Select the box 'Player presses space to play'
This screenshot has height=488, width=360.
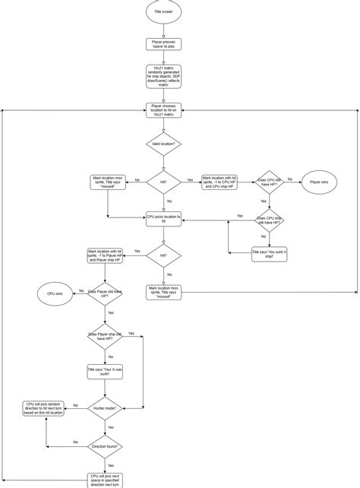tap(163, 45)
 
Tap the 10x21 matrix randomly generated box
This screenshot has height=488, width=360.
tap(163, 77)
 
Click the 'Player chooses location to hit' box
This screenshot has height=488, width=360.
tap(163, 111)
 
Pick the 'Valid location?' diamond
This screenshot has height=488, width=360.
tap(163, 143)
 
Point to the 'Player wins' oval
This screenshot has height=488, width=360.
tap(319, 182)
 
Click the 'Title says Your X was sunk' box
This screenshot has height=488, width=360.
tap(104, 372)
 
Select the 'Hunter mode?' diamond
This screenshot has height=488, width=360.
tap(104, 407)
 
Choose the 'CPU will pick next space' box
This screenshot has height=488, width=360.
tap(104, 479)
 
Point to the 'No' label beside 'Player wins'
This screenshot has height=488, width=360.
tap(290, 179)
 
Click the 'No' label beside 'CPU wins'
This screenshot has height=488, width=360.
tap(80, 290)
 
